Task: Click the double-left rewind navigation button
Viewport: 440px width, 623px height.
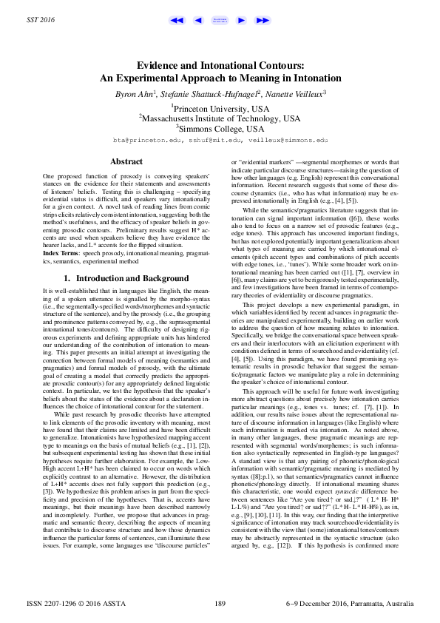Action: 176,21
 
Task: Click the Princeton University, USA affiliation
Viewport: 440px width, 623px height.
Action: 220,107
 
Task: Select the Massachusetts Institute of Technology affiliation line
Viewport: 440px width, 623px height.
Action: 220,118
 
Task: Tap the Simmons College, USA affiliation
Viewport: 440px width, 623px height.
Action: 220,128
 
